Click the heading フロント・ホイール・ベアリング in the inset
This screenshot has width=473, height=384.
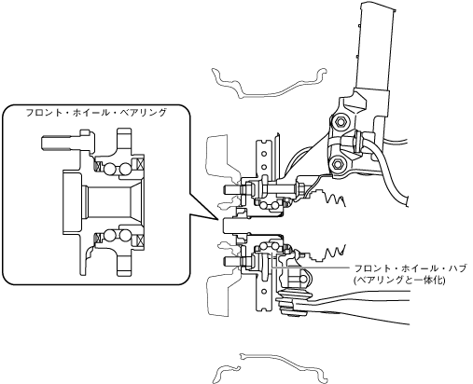(x=96, y=113)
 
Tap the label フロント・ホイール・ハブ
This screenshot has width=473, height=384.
(x=410, y=268)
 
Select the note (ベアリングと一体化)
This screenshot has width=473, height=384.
(x=399, y=280)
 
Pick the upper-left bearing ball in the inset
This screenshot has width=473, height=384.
(x=110, y=169)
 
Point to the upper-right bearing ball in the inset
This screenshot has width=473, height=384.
(x=125, y=169)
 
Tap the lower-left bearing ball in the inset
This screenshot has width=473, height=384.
(x=110, y=235)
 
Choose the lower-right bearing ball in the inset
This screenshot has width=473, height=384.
(x=125, y=235)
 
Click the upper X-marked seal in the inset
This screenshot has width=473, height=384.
(x=139, y=164)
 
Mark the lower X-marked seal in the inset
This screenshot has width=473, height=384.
(x=139, y=240)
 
